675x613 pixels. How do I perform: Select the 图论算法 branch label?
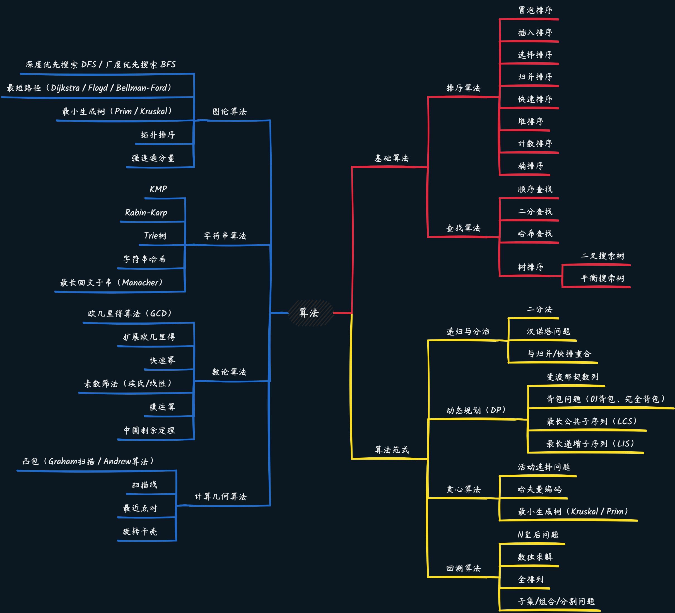pyautogui.click(x=229, y=112)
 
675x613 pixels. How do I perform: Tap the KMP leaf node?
pyautogui.click(x=158, y=189)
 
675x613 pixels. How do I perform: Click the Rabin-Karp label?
pyautogui.click(x=146, y=213)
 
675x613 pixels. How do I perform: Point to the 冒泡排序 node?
pyautogui.click(x=535, y=10)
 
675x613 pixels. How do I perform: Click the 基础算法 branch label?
pyautogui.click(x=391, y=158)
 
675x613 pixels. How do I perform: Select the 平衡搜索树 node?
pyautogui.click(x=603, y=279)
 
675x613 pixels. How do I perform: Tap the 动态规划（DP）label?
pyautogui.click(x=476, y=411)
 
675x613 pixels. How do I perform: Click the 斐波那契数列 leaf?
pyautogui.click(x=572, y=377)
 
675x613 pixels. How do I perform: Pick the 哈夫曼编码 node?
pyautogui.click(x=539, y=489)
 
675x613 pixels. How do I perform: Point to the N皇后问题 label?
pyautogui.click(x=538, y=535)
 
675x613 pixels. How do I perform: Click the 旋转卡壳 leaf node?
pyautogui.click(x=140, y=532)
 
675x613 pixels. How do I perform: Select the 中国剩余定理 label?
pyautogui.click(x=149, y=431)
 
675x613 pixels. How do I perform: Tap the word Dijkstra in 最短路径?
pyautogui.click(x=65, y=88)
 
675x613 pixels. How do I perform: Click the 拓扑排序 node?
pyautogui.click(x=158, y=135)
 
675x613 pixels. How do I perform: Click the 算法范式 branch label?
pyautogui.click(x=391, y=450)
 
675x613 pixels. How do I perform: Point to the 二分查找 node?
pyautogui.click(x=535, y=212)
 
